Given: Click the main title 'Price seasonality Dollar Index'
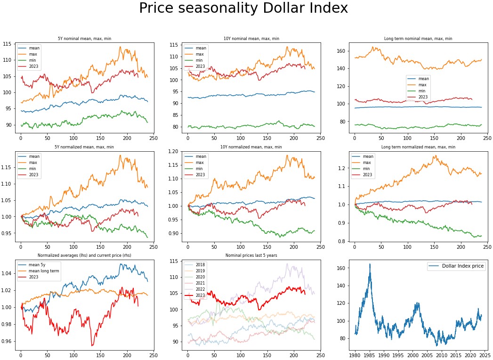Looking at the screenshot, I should tap(243, 8).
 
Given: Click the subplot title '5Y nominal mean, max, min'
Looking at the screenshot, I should tap(85, 38).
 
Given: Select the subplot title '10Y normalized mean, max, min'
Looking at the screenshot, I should tap(251, 147).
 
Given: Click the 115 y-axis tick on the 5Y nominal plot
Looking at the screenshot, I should tap(9, 44).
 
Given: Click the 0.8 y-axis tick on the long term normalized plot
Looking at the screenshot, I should tap(344, 241).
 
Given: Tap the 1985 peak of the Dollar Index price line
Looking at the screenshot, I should tap(370, 264).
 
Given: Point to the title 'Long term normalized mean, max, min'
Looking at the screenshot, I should tap(418, 147).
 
